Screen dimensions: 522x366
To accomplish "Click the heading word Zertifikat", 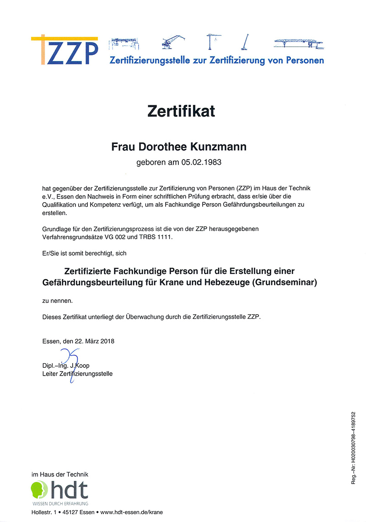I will (x=181, y=111).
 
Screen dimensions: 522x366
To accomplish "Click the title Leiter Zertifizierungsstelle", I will (x=77, y=374).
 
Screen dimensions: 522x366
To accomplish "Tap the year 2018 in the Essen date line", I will (x=106, y=341).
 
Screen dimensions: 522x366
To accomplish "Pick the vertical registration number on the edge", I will (x=353, y=447).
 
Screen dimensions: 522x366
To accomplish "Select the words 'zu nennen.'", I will (x=57, y=301).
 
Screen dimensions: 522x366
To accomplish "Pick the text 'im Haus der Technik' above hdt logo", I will (x=60, y=475).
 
